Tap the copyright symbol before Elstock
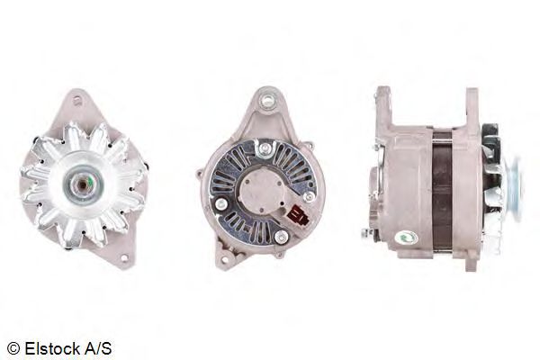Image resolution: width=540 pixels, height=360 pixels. point(13,348)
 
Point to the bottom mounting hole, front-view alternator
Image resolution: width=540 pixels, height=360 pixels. point(123,258)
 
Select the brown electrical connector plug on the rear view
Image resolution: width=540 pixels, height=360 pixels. point(298,217)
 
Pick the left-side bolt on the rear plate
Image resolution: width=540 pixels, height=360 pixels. point(220,204)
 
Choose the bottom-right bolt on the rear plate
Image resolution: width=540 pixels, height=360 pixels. point(282,237)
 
